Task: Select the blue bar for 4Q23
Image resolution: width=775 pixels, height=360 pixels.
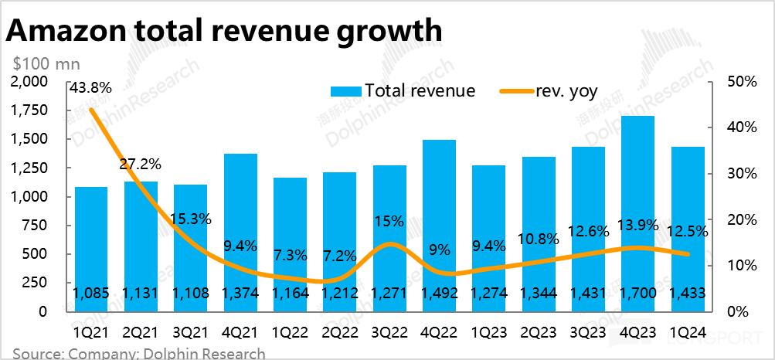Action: pos(638,209)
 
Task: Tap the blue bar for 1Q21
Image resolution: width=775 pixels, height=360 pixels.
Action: pos(91,247)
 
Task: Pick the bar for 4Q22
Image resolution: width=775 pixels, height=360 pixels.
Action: pos(439,224)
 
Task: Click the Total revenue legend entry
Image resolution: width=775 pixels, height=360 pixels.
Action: pos(403,90)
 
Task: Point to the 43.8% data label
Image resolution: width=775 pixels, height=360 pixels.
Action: pos(90,88)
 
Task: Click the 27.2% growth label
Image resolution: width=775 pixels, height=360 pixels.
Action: pos(140,165)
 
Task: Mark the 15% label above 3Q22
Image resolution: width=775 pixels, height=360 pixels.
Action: pos(389,221)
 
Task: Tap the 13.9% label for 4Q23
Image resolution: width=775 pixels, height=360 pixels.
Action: pos(637,225)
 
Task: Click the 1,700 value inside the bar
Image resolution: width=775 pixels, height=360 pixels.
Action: pos(638,294)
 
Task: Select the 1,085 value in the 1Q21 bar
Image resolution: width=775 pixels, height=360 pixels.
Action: pos(91,294)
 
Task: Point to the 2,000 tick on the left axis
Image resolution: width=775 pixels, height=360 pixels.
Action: pos(29,82)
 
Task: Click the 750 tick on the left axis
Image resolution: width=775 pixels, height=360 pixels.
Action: pos(36,226)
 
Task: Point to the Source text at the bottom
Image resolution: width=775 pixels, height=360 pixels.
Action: pos(139,354)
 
